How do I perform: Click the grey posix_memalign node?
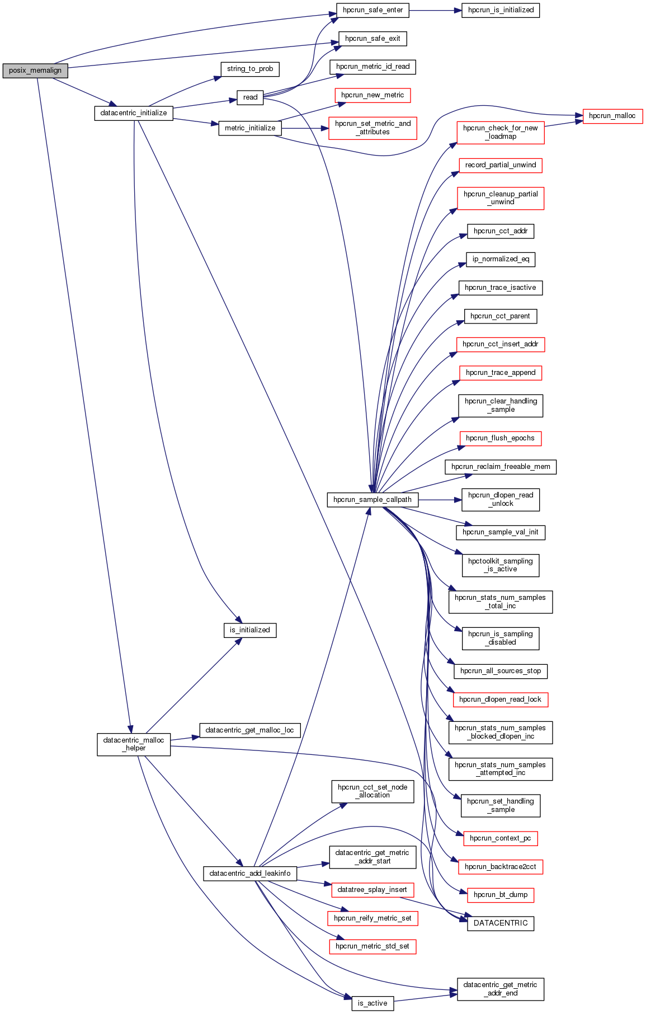coord(35,71)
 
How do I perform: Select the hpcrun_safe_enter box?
coord(372,10)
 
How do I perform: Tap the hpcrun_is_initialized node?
coord(500,10)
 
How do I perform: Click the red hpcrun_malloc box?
coord(612,116)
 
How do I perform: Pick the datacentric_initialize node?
coord(134,113)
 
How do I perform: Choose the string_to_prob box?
coord(250,69)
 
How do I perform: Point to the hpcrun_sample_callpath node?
coord(372,500)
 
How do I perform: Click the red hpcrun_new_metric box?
coord(372,95)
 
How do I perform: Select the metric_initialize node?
coord(250,128)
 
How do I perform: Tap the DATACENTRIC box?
coord(501,923)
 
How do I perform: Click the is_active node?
coord(372,1003)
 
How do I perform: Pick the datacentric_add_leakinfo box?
coord(250,874)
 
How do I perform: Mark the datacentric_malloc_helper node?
coord(134,744)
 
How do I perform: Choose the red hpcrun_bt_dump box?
coord(501,895)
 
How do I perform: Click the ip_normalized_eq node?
coord(501,259)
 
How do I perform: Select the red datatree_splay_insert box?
coord(372,890)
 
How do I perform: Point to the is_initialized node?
coord(250,630)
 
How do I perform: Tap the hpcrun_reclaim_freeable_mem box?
coord(501,467)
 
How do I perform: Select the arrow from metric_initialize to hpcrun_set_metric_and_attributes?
coord(305,128)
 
